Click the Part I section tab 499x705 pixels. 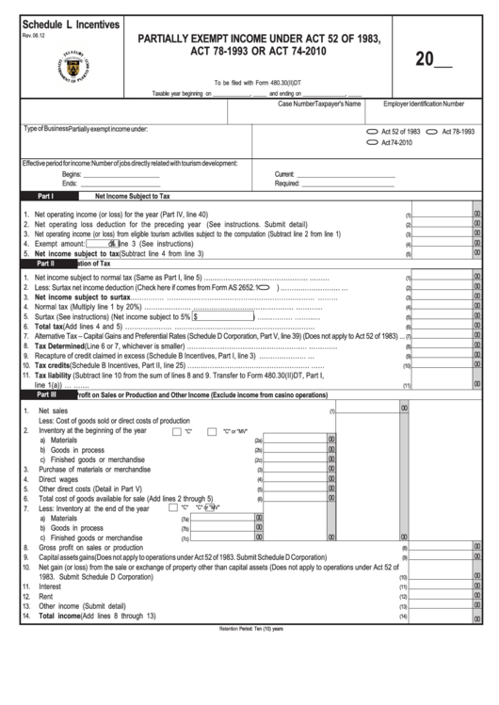[x=45, y=197]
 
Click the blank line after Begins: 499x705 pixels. [x=122, y=174]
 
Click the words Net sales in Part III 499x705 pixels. [x=53, y=411]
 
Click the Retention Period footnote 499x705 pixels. [x=249, y=627]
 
